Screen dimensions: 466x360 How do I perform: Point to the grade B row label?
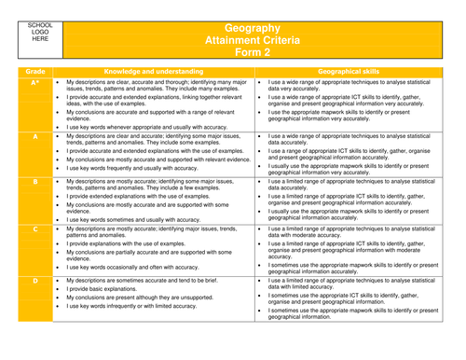click(x=35, y=184)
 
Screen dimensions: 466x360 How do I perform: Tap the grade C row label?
click(x=35, y=228)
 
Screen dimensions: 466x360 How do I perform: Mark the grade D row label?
click(x=35, y=279)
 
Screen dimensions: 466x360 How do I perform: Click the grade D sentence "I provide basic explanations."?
click(x=111, y=291)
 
